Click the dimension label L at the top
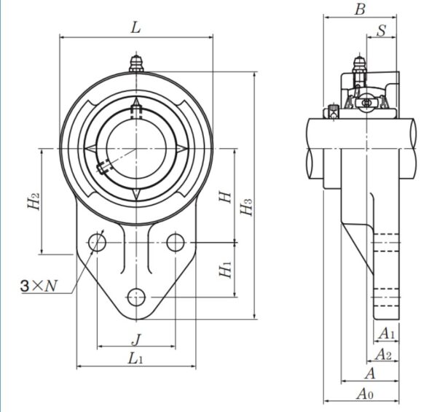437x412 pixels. (135, 28)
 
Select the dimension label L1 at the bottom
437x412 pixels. (135, 358)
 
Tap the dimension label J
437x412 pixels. (135, 338)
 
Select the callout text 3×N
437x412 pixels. (39, 287)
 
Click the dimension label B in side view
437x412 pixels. (359, 9)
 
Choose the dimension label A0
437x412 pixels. (365, 394)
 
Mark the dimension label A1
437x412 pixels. (387, 334)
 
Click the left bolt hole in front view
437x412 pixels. (97, 242)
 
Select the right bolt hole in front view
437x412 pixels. (175, 242)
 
